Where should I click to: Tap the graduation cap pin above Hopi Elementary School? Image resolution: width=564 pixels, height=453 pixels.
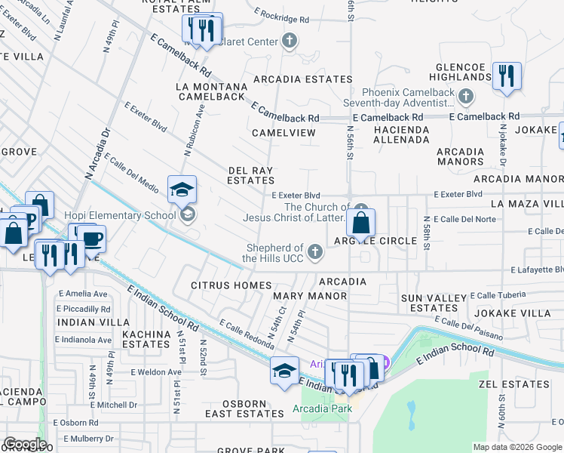tap(182, 190)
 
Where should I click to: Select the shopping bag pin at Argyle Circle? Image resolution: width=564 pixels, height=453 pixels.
tap(362, 223)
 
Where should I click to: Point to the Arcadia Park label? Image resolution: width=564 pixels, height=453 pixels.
tap(323, 409)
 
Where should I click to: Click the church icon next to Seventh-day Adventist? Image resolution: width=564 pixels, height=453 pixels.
tap(466, 96)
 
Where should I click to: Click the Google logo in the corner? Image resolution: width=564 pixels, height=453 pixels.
tap(25, 444)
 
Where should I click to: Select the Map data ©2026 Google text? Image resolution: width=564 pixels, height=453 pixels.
tap(516, 447)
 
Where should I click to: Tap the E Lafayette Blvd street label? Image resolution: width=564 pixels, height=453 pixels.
tap(536, 270)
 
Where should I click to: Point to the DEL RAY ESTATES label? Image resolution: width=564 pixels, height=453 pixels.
tap(251, 176)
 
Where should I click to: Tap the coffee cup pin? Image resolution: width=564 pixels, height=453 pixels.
tap(93, 239)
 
